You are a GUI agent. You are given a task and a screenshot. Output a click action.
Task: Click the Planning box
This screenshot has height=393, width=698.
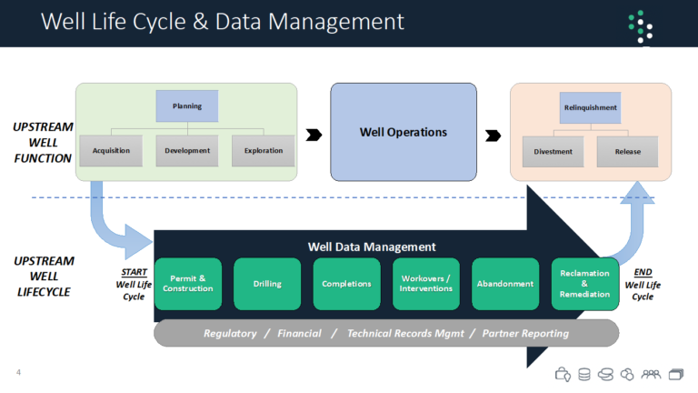click(x=186, y=106)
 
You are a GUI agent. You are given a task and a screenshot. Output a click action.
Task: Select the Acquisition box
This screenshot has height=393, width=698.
click(x=111, y=150)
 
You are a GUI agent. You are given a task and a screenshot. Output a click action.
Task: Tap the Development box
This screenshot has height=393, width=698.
click(x=187, y=150)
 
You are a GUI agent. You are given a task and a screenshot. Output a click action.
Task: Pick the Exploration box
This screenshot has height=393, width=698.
click(x=263, y=150)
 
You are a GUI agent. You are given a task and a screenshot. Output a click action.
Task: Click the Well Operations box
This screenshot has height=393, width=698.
click(x=403, y=132)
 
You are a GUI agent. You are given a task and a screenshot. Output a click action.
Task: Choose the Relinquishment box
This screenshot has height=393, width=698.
click(x=590, y=107)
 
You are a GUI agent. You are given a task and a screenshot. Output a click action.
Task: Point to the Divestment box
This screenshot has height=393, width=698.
click(x=553, y=152)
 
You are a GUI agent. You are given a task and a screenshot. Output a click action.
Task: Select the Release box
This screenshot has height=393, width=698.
click(x=626, y=152)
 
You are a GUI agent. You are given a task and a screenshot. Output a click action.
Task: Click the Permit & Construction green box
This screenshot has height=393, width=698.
click(x=187, y=284)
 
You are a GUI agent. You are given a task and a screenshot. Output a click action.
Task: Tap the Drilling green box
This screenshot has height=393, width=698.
click(x=267, y=284)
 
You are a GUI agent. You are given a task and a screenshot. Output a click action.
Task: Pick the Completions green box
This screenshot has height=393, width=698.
click(x=346, y=284)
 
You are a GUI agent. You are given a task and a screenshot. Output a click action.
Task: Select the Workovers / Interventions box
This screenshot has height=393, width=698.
click(x=425, y=284)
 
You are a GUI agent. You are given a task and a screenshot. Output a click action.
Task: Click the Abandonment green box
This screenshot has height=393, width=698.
click(x=504, y=284)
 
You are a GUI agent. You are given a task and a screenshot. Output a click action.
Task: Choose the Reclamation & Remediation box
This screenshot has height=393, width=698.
click(x=584, y=284)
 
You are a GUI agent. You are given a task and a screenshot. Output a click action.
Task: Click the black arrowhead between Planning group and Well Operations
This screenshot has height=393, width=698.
click(x=314, y=135)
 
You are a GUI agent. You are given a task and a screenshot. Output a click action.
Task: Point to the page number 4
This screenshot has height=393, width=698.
click(x=18, y=372)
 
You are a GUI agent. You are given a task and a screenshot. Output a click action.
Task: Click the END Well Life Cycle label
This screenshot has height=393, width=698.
click(x=643, y=284)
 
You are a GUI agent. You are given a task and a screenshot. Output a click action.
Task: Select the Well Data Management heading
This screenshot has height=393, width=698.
click(x=372, y=247)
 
